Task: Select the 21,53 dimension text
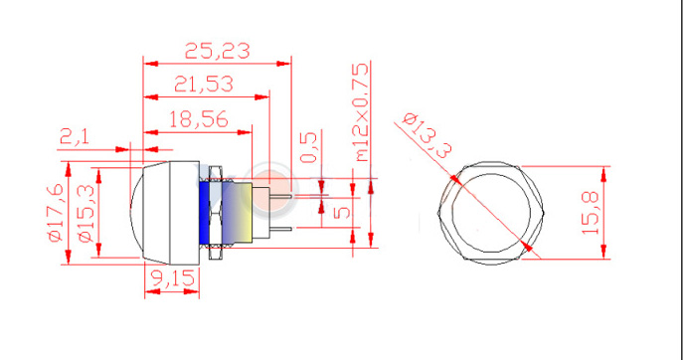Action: pyautogui.click(x=203, y=85)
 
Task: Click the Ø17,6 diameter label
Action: pyautogui.click(x=55, y=212)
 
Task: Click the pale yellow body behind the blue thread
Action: pyautogui.click(x=235, y=212)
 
